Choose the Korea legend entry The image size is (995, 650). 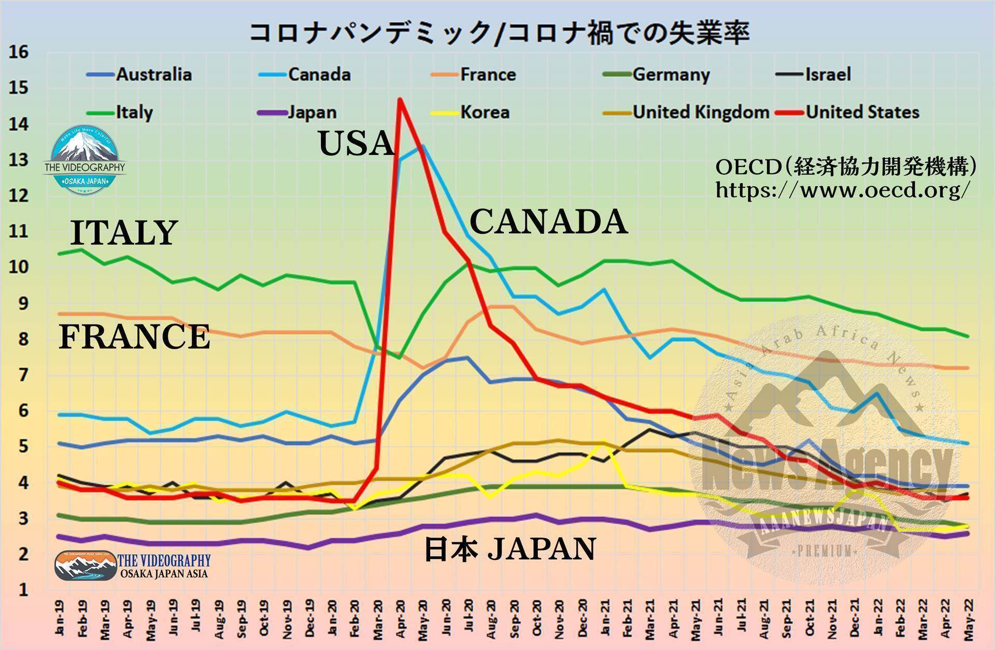(x=485, y=112)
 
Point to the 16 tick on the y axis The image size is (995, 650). (x=19, y=52)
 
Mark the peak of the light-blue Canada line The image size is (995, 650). (x=423, y=146)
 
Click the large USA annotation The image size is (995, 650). (x=357, y=143)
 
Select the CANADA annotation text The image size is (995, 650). (x=548, y=221)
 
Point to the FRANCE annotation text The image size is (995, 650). (x=134, y=336)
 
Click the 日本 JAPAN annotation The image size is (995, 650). (x=510, y=549)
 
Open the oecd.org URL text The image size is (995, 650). (x=842, y=190)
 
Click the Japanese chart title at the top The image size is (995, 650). (x=499, y=32)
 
